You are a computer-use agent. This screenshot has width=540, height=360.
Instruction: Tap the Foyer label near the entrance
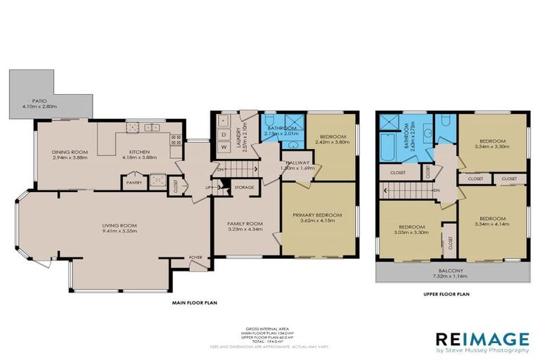pyautogui.click(x=196, y=257)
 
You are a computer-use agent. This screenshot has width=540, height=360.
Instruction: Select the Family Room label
pyautogui.click(x=244, y=224)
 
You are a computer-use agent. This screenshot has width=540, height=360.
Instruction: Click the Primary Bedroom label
pyautogui.click(x=318, y=214)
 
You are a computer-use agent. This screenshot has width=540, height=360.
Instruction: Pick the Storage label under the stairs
pyautogui.click(x=244, y=187)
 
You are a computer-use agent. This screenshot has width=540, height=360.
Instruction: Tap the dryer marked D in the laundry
pyautogui.click(x=224, y=134)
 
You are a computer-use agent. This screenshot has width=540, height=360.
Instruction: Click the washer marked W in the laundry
pyautogui.click(x=224, y=147)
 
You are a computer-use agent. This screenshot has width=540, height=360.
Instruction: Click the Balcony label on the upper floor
pyautogui.click(x=451, y=270)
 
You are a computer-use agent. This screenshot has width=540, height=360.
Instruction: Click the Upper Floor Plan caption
pyautogui.click(x=447, y=295)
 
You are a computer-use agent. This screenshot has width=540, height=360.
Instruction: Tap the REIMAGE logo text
pyautogui.click(x=482, y=337)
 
